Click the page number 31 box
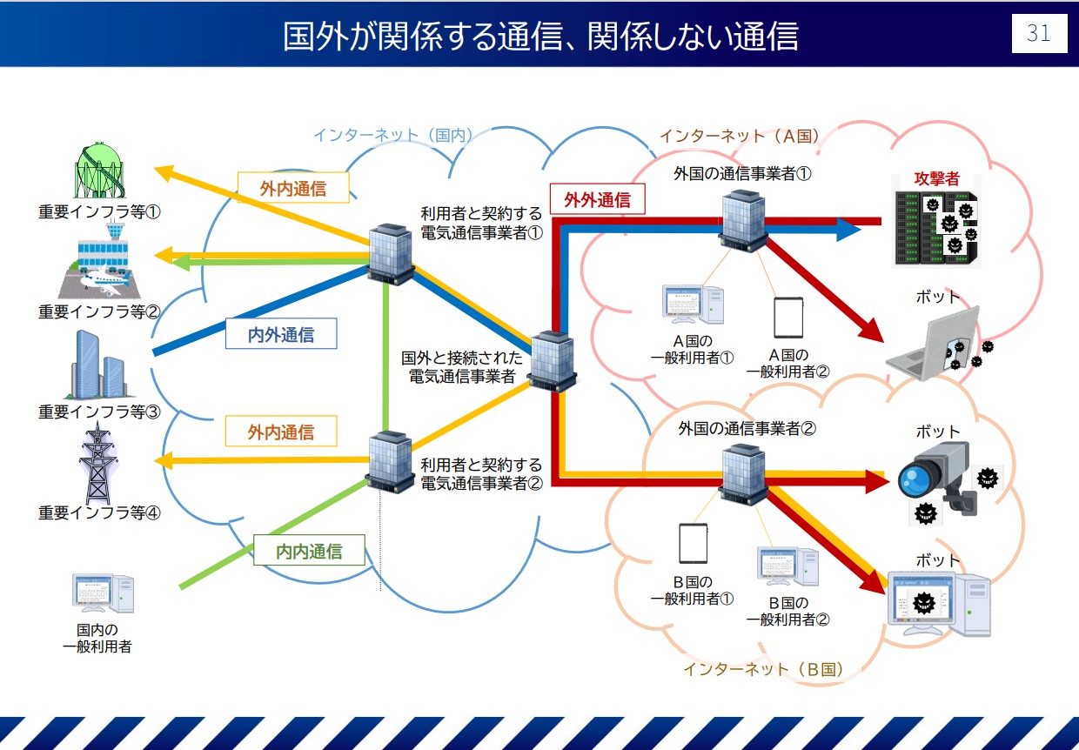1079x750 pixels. click(x=1038, y=34)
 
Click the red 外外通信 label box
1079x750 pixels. click(x=597, y=199)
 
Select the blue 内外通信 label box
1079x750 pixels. click(x=281, y=334)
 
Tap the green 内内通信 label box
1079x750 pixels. click(x=309, y=551)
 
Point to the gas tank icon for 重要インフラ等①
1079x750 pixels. click(x=99, y=171)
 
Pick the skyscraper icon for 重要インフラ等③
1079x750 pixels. click(x=99, y=365)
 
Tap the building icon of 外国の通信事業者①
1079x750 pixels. click(x=742, y=221)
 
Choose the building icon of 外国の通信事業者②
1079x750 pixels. click(x=742, y=473)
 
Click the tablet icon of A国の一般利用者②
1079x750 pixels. click(x=788, y=318)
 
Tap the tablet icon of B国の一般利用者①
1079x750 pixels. click(x=693, y=543)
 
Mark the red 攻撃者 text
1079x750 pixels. click(x=936, y=178)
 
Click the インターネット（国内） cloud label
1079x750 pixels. click(x=392, y=136)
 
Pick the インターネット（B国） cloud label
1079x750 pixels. click(x=763, y=669)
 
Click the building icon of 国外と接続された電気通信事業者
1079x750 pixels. click(x=552, y=360)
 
